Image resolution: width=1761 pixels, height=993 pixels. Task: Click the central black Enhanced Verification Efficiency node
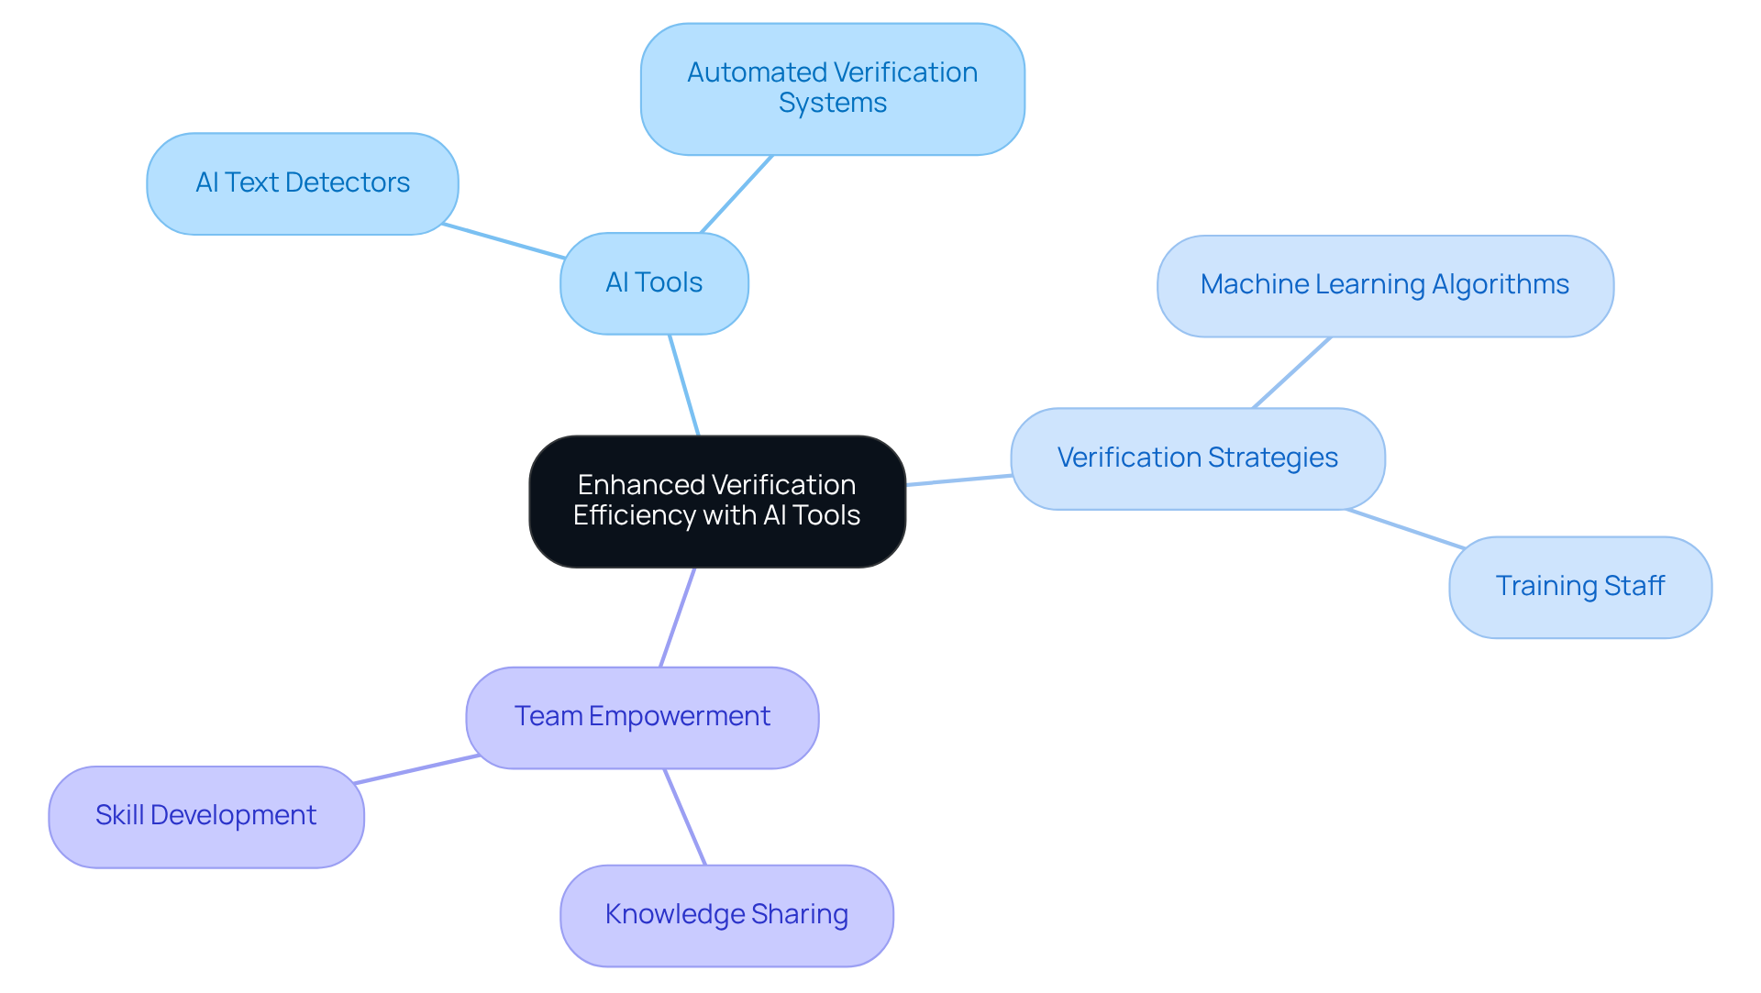pyautogui.click(x=717, y=501)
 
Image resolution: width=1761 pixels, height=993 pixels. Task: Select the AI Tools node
pyautogui.click(x=654, y=283)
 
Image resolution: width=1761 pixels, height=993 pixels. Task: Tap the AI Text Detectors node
pyautogui.click(x=303, y=183)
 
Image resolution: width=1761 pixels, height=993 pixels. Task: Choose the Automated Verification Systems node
pyautogui.click(x=832, y=88)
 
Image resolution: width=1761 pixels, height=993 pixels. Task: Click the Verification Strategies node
pyautogui.click(x=1197, y=458)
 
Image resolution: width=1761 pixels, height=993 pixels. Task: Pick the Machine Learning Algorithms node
pyautogui.click(x=1385, y=285)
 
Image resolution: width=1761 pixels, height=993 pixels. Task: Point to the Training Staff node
pyautogui.click(x=1579, y=587)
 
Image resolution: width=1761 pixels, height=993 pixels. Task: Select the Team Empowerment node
pyautogui.click(x=642, y=717)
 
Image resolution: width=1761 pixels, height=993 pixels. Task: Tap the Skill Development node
pyautogui.click(x=206, y=816)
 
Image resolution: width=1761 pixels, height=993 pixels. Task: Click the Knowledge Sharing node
pyautogui.click(x=726, y=915)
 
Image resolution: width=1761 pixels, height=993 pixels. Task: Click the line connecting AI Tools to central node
pyautogui.click(x=684, y=385)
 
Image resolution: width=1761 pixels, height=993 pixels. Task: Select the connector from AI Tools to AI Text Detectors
pyautogui.click(x=503, y=241)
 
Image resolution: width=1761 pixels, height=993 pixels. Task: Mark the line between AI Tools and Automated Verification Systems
pyautogui.click(x=737, y=193)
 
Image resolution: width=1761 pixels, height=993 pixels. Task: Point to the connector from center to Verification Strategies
pyautogui.click(x=958, y=480)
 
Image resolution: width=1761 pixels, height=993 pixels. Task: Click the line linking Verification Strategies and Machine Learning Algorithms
pyautogui.click(x=1291, y=372)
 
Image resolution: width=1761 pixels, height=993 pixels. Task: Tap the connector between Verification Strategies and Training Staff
pyautogui.click(x=1405, y=529)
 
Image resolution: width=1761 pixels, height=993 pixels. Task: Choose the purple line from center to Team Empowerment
pyautogui.click(x=677, y=618)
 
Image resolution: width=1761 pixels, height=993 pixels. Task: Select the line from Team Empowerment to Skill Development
pyautogui.click(x=415, y=769)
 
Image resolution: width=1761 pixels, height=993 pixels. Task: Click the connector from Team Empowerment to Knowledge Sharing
pyautogui.click(x=685, y=817)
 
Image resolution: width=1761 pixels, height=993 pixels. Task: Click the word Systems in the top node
pyautogui.click(x=832, y=104)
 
